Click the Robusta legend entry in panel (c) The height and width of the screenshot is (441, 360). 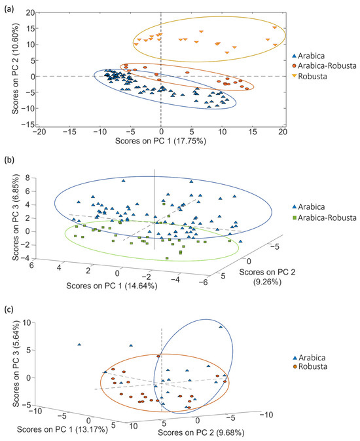tap(310, 368)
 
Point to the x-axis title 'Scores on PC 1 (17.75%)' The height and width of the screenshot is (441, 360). tap(161, 140)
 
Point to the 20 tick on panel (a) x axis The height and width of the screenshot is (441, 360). tap(283, 131)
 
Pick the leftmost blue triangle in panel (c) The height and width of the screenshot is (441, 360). tap(79, 344)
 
